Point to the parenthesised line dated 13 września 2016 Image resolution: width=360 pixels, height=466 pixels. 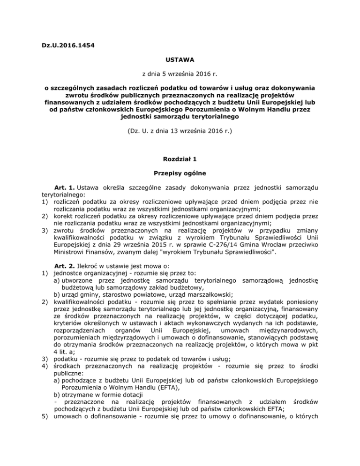click(180, 126)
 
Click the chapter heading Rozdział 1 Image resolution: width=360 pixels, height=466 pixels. click(180, 159)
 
